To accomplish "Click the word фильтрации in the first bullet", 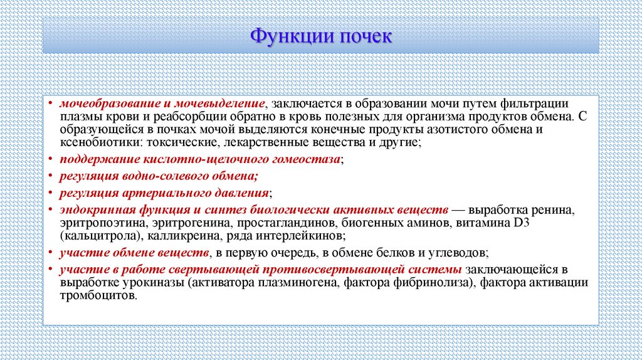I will point(539,103).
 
